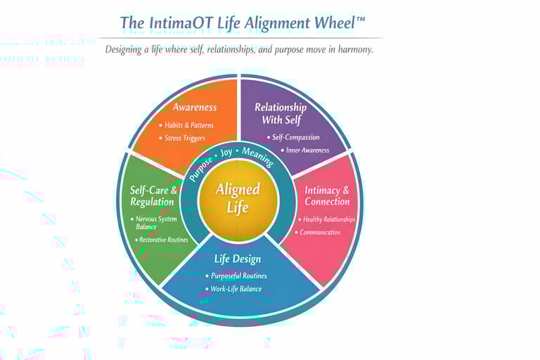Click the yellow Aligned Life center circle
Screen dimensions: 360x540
pyautogui.click(x=238, y=198)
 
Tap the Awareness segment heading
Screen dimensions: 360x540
pyautogui.click(x=195, y=108)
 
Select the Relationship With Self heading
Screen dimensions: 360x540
pyautogui.click(x=280, y=113)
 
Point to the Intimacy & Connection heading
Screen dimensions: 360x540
pyautogui.click(x=326, y=196)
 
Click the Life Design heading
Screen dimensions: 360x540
pyautogui.click(x=238, y=258)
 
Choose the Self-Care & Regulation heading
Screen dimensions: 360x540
pyautogui.click(x=153, y=196)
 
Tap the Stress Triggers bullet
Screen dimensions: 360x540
pyautogui.click(x=184, y=139)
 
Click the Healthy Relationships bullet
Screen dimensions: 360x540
pyautogui.click(x=328, y=219)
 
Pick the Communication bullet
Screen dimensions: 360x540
pyautogui.click(x=320, y=233)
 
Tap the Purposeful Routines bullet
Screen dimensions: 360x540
pyautogui.click(x=238, y=276)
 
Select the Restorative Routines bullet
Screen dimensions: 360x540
pyautogui.click(x=163, y=240)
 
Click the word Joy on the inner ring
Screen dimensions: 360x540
pyautogui.click(x=226, y=153)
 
